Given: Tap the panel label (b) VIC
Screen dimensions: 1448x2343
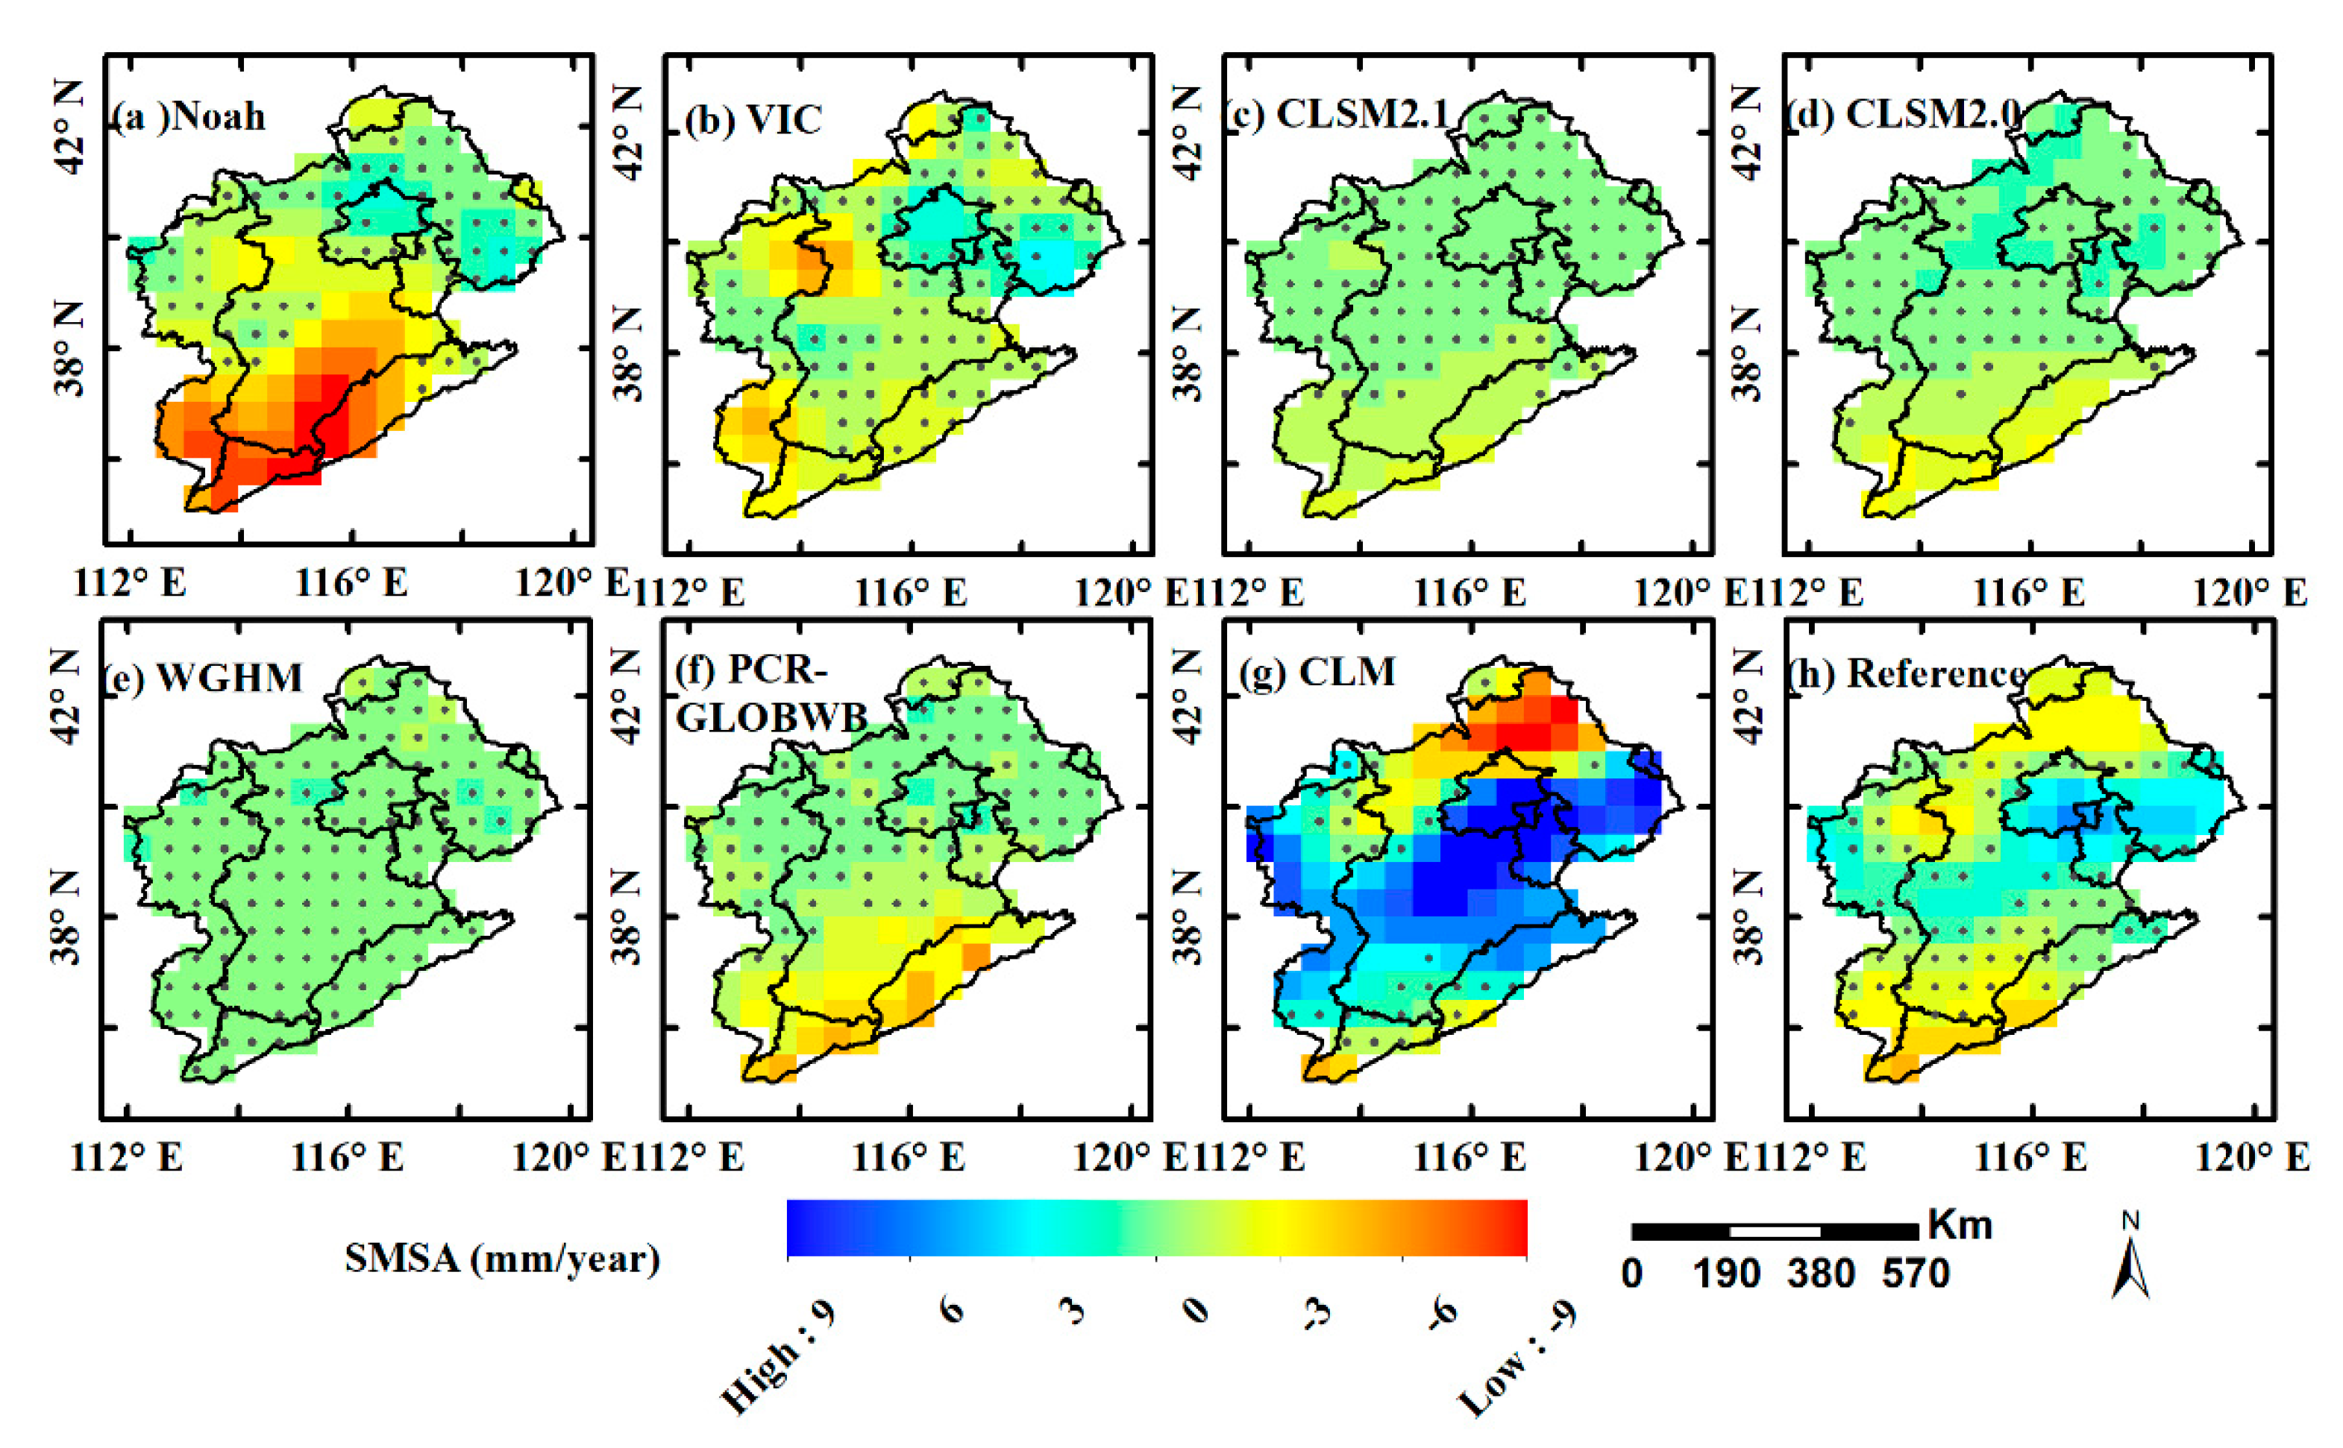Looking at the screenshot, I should (x=754, y=120).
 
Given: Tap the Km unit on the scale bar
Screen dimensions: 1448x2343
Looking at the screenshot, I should (x=1960, y=1225).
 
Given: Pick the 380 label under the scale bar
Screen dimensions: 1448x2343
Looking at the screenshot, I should (x=1820, y=1274).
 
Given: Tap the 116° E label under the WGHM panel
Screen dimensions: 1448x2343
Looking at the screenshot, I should (x=347, y=1158).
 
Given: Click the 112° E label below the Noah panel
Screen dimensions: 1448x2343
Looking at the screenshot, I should (x=129, y=582).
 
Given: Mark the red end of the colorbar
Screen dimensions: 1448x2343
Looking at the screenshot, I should (x=1514, y=1228).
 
